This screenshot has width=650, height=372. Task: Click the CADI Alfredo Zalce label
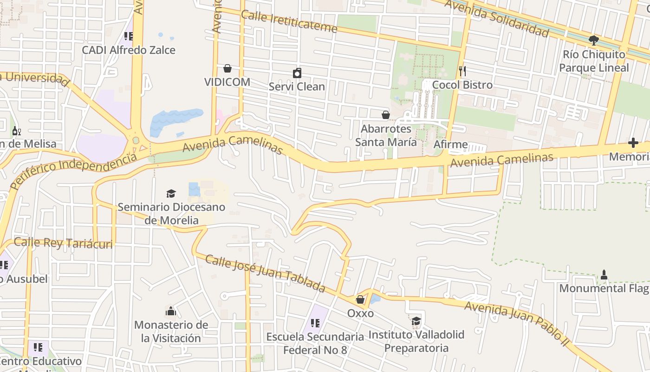[x=129, y=50]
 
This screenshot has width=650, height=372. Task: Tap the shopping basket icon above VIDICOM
[x=227, y=69]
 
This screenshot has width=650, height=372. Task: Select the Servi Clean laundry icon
[x=297, y=73]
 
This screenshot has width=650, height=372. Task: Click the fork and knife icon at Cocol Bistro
[x=462, y=71]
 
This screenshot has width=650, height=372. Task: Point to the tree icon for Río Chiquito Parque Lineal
[x=593, y=40]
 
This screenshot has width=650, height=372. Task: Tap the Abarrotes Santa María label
[x=386, y=135]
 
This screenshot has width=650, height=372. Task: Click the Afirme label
[x=450, y=144]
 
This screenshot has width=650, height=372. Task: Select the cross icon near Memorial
[x=633, y=143]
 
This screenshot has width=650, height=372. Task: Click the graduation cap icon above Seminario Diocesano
[x=171, y=193]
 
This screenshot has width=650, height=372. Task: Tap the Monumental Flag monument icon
[x=604, y=275]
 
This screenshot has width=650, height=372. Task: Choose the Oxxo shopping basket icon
[x=360, y=299]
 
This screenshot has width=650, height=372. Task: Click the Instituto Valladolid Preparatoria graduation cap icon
[x=416, y=321]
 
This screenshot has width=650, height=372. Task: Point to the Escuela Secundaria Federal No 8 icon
[x=315, y=323]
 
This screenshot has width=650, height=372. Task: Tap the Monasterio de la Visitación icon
[x=171, y=311]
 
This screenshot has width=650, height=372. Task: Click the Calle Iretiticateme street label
[x=289, y=21]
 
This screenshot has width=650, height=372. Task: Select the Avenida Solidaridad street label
[x=497, y=18]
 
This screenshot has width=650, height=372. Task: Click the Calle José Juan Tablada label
[x=265, y=273]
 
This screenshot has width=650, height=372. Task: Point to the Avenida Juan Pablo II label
[x=516, y=320]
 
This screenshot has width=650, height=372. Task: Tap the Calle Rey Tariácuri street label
[x=63, y=243]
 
